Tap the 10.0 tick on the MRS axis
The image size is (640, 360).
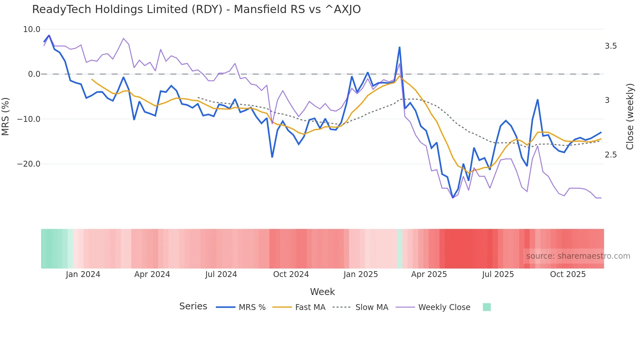point(32,29)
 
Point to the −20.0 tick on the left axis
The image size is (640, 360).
point(29,164)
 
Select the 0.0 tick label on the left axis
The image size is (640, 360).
point(34,74)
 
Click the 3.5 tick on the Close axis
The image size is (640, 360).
point(611,46)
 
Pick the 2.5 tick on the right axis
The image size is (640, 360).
point(611,155)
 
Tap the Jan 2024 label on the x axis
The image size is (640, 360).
point(83,274)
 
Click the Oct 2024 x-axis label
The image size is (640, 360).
point(291,274)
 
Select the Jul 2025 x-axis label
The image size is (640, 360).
point(498,274)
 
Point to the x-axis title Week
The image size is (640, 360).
point(322,292)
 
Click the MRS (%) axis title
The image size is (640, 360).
point(6,116)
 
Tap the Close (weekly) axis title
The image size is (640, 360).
point(630,116)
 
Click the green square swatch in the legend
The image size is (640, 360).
point(487,307)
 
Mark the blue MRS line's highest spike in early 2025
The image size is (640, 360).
point(399,48)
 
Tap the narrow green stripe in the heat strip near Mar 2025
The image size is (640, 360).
point(400,249)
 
